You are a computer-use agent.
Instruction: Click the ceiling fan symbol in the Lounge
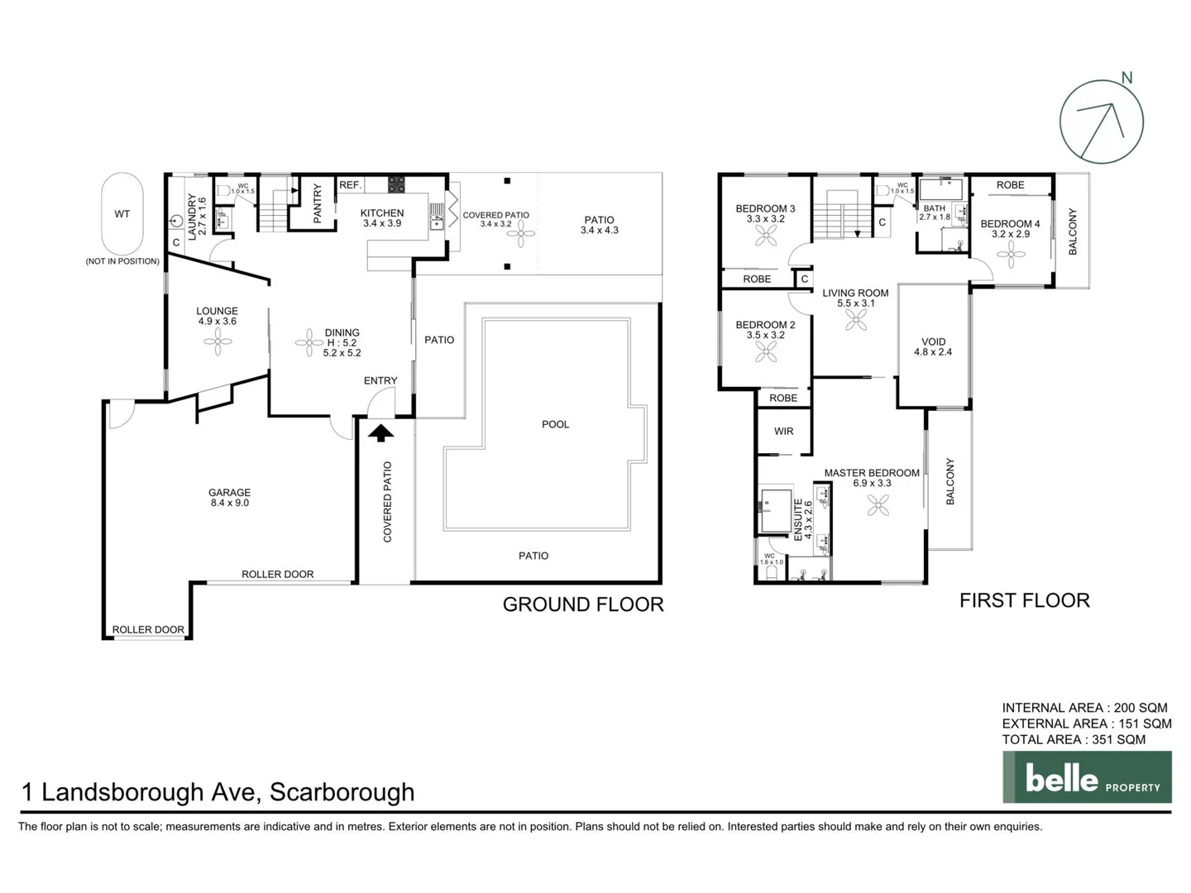(x=218, y=341)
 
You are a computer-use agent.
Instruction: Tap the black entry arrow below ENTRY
(x=380, y=432)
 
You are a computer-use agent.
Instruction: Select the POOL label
(x=555, y=424)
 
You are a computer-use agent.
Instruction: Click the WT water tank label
(x=122, y=214)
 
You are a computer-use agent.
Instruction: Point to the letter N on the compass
(x=1126, y=78)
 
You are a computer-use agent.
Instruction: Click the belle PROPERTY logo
(x=1087, y=777)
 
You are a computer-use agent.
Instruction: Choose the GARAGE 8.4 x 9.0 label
(x=229, y=497)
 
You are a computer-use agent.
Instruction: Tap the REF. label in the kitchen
(x=350, y=185)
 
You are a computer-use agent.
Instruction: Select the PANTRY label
(x=318, y=203)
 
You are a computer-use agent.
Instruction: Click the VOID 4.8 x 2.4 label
(x=933, y=346)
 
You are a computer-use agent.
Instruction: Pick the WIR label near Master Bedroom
(x=783, y=432)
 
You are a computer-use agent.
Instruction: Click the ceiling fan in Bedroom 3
(x=766, y=236)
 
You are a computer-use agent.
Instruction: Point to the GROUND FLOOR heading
(x=583, y=604)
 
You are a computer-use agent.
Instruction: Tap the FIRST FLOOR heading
(x=1024, y=600)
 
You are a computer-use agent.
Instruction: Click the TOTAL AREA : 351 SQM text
(x=1074, y=739)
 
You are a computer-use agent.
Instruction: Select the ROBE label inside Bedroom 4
(x=1010, y=185)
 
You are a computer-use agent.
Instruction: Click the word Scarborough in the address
(x=342, y=792)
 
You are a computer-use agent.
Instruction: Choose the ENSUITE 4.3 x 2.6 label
(x=803, y=519)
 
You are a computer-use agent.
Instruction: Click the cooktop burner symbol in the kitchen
(x=396, y=184)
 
